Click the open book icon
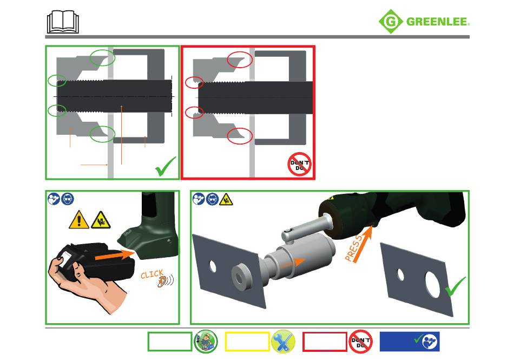click(x=63, y=22)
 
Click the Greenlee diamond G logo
click(x=391, y=22)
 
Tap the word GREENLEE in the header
click(x=438, y=22)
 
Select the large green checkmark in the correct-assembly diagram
click(x=165, y=166)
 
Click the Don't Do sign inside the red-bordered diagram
click(x=299, y=164)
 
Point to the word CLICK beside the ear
click(x=152, y=274)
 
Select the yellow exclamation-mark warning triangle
click(x=78, y=220)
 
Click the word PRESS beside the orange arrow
click(x=354, y=248)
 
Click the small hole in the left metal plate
click(x=213, y=266)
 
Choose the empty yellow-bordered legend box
click(x=247, y=342)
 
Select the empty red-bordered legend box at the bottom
click(x=325, y=342)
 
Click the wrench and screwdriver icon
click(x=283, y=342)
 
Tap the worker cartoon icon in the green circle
click(x=206, y=342)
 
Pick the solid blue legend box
click(x=410, y=342)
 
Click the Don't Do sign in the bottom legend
click(x=360, y=342)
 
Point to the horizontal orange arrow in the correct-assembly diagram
click(x=94, y=165)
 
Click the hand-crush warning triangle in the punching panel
click(x=226, y=199)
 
